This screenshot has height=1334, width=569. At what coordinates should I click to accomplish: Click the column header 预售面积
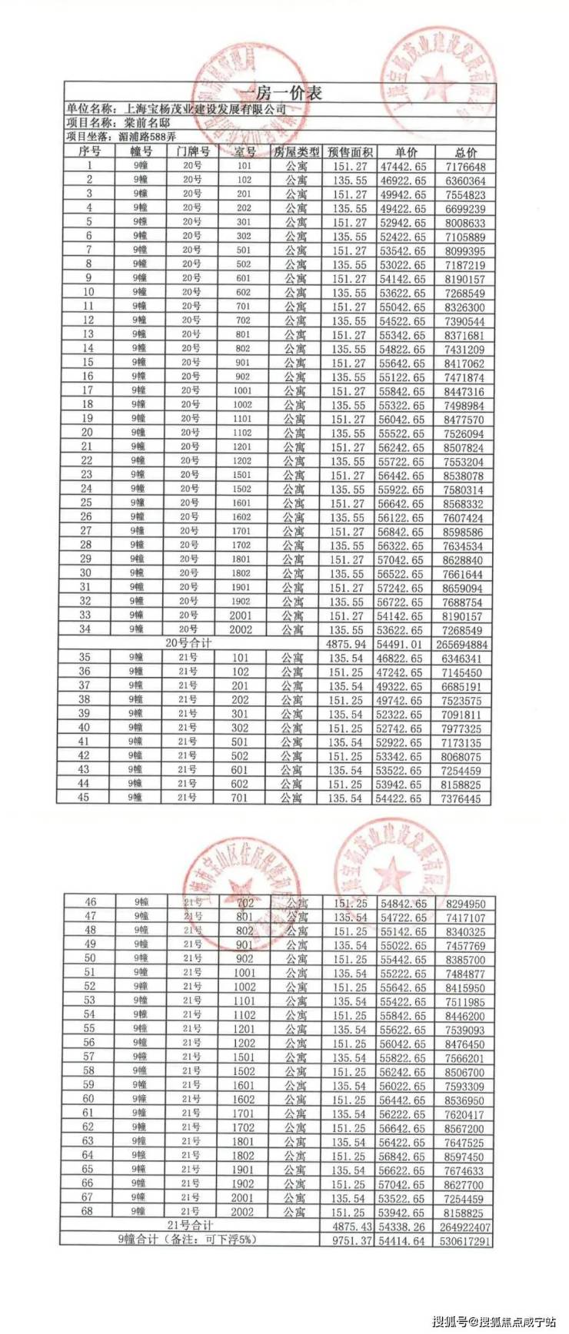(x=350, y=152)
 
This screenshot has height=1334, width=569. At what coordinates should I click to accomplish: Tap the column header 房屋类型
(x=296, y=152)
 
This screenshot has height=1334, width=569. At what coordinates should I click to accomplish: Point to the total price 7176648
(x=464, y=167)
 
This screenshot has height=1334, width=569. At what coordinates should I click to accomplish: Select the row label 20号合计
(x=189, y=642)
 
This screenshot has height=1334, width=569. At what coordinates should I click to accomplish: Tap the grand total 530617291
(x=464, y=1241)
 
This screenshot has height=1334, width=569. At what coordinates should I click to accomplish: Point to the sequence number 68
(x=89, y=1212)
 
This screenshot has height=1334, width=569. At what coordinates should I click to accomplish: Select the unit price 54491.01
(x=401, y=644)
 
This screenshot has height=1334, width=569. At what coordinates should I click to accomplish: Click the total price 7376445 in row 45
(x=464, y=799)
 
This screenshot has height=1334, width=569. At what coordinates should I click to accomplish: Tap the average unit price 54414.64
(x=401, y=1241)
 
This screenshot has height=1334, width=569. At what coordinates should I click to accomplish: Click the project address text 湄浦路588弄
(x=148, y=137)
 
